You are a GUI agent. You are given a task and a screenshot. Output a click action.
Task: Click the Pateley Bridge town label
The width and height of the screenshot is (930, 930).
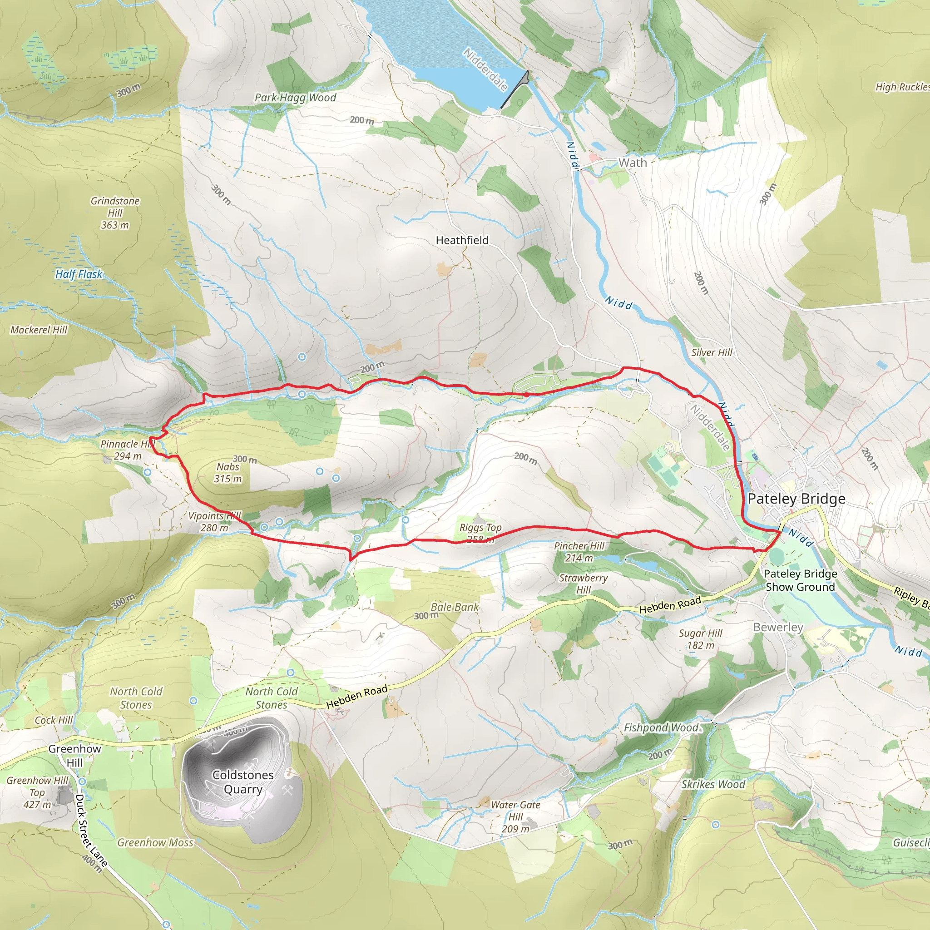796,499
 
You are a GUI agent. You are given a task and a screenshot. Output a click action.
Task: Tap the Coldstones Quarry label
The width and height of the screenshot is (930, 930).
243,782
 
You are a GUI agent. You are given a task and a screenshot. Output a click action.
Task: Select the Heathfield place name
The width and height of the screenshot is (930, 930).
462,240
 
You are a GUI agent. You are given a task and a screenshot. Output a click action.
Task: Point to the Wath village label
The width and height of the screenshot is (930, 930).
633,163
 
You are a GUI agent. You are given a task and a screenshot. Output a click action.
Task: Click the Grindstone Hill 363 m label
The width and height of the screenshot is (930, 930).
115,213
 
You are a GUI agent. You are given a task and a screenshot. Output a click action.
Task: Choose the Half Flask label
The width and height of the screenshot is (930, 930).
79,274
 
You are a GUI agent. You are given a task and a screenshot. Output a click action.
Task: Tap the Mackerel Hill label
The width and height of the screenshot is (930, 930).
39,330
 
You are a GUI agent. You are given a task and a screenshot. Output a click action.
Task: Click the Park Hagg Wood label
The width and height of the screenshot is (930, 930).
295,98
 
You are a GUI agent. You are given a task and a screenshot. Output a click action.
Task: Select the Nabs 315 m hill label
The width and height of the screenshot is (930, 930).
228,473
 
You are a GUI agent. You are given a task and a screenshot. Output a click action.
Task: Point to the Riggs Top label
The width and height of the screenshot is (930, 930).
480,528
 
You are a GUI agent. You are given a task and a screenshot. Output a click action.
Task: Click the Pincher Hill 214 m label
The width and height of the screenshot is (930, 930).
579,552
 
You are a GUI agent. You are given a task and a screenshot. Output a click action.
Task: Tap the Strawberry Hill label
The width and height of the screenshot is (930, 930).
583,584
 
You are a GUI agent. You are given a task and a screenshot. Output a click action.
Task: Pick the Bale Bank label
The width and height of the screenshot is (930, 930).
455,607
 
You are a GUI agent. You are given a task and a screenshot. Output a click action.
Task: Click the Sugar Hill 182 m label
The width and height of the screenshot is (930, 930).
700,639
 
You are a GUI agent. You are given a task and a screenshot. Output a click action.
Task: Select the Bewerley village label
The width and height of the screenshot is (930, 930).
778,627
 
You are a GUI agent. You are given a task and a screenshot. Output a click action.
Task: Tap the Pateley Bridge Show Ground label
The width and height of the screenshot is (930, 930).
800,580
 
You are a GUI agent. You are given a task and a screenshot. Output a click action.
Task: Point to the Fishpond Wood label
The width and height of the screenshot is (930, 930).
660,728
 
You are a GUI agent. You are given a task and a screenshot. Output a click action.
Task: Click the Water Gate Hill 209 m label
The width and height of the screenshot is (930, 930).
515,816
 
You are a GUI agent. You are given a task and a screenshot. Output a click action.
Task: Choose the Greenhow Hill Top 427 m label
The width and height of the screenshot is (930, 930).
38,792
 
